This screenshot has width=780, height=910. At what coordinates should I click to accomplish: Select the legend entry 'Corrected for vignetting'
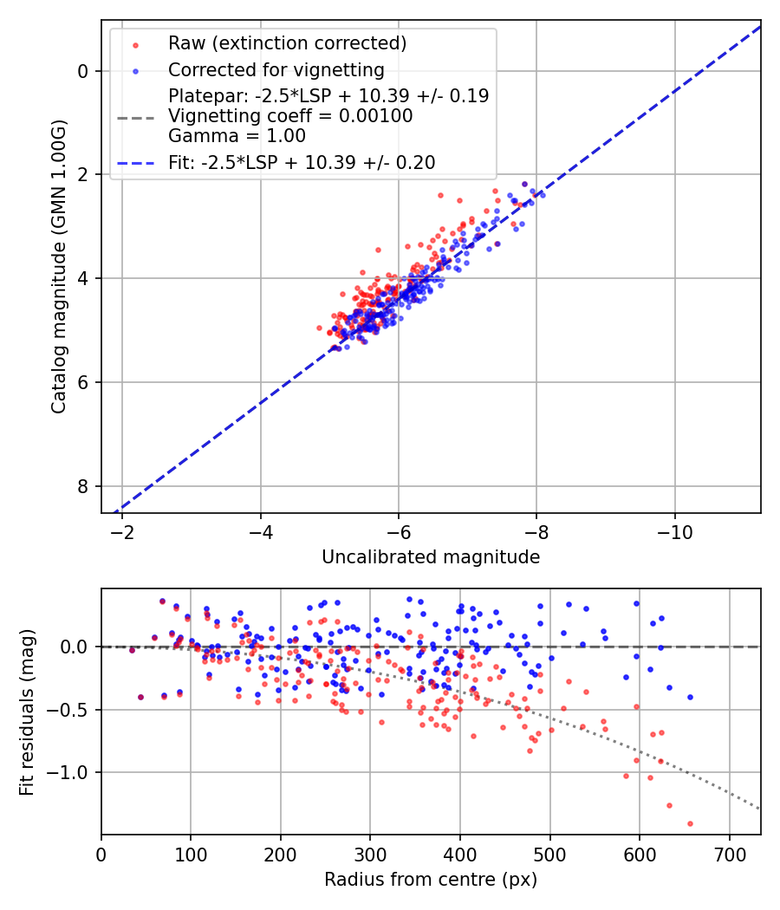point(276,69)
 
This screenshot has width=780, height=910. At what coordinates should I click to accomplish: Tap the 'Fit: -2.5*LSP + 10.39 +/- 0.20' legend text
point(302,162)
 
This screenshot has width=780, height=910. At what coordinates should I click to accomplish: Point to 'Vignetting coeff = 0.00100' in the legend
point(290,116)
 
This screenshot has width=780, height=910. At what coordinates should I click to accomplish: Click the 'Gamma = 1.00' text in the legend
point(237,136)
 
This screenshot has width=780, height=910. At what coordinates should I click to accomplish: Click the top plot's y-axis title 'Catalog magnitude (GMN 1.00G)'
point(58,266)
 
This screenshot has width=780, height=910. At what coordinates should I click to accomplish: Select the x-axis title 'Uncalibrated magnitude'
point(431,557)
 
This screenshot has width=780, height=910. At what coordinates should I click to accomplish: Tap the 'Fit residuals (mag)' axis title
point(27,712)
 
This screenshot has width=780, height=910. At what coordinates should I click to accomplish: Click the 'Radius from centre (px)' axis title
point(431,880)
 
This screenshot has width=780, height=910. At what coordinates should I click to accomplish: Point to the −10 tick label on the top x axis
point(674,532)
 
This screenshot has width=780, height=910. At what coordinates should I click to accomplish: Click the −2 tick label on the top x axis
point(122,532)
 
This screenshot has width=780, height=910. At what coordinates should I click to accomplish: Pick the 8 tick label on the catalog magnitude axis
point(83,486)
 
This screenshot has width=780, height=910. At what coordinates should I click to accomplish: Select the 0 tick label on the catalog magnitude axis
point(83,71)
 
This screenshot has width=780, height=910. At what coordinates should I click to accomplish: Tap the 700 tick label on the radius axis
point(729,854)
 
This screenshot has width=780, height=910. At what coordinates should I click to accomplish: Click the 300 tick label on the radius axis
point(370,854)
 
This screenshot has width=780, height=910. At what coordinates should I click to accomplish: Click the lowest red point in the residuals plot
point(690,823)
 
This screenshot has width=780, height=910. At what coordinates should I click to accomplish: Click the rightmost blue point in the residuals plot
point(690,697)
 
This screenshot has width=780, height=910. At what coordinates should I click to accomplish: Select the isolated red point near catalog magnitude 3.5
point(378,250)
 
